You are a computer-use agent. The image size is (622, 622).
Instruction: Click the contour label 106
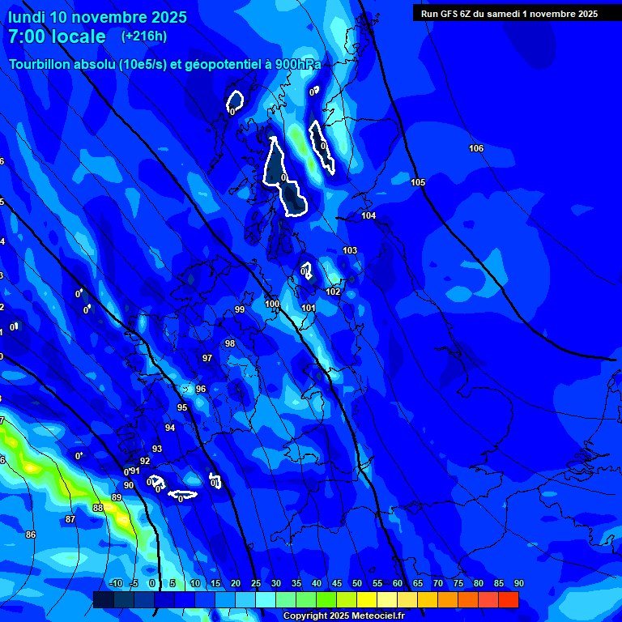pos(476,148)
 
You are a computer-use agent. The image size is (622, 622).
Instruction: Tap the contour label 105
pos(418,182)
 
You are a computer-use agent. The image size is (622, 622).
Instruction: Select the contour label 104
pos(369,215)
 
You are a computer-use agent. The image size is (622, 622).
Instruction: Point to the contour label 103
pos(350,251)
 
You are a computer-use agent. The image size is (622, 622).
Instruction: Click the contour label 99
pos(240,309)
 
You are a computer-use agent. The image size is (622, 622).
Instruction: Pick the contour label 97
pos(207,358)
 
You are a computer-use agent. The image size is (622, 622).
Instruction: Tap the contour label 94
pos(170,428)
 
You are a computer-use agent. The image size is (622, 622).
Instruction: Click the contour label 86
pos(31,535)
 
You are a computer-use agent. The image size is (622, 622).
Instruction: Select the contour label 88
pos(98,508)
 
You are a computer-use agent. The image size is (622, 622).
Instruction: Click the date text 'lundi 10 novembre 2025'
pos(97,17)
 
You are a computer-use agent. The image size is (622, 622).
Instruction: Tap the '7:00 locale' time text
pos(57,36)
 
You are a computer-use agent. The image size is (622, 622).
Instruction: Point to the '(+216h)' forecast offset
pos(144,36)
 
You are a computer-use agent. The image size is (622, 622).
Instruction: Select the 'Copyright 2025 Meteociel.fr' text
pos(343,616)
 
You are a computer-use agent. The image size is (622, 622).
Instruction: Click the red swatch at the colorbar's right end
pos(508,599)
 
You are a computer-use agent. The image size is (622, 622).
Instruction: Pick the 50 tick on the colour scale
pos(357,584)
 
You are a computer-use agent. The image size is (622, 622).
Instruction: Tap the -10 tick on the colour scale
pos(115,584)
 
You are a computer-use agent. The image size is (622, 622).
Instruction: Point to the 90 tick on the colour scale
pos(518,584)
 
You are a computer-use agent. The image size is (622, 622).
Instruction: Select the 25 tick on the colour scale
pos(256,584)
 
